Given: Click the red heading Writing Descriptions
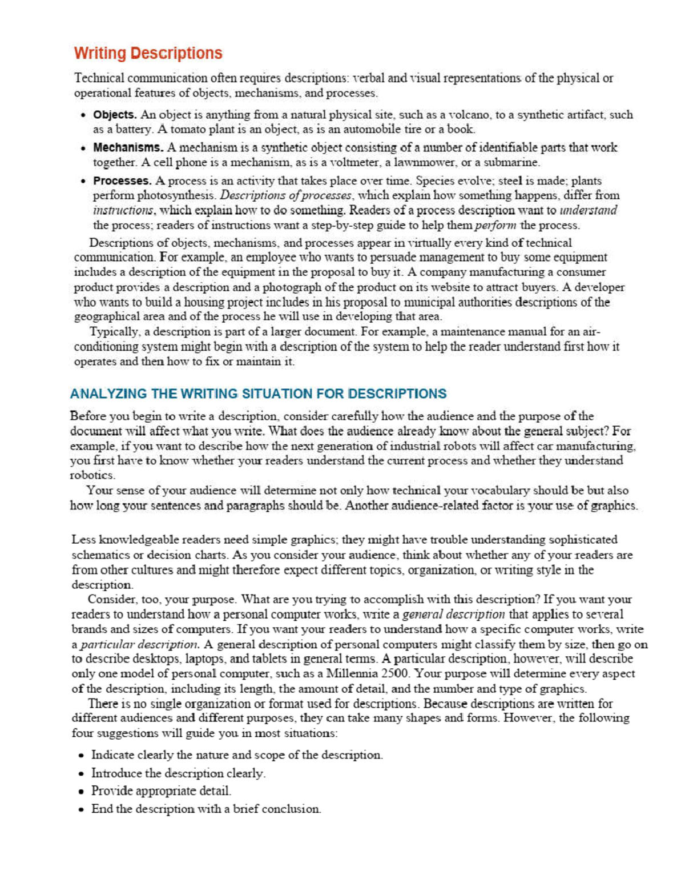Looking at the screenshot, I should pyautogui.click(x=148, y=53).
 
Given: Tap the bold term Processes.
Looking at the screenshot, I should pyautogui.click(x=122, y=181).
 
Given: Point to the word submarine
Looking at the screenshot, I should pyautogui.click(x=511, y=163).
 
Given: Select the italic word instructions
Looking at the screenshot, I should pyautogui.click(x=122, y=211).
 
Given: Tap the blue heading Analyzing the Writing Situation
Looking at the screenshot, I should pyautogui.click(x=258, y=394).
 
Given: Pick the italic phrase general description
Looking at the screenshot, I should pyautogui.click(x=453, y=615).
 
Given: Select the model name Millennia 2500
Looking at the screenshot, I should pyautogui.click(x=362, y=675).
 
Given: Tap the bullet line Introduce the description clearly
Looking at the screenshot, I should pyautogui.click(x=178, y=774).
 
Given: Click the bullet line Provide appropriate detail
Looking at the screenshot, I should pyautogui.click(x=161, y=792).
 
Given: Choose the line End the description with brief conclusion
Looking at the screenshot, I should pyautogui.click(x=205, y=809).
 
